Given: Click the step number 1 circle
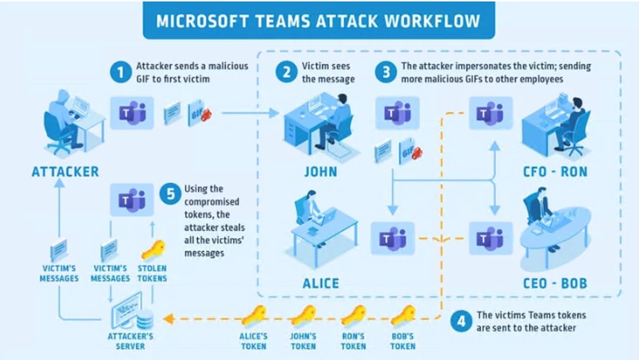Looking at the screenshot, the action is coord(121,73).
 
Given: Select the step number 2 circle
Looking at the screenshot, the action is coord(286,73).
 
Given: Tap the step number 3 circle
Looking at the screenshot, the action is coord(386,73).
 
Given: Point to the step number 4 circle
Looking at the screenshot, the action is coord(461,321).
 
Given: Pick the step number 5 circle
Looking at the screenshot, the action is coord(170,194).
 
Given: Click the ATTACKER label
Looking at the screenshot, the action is coord(65,172).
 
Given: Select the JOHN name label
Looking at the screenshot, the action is coord(321,172).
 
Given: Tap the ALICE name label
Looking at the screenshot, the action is coord(321,283).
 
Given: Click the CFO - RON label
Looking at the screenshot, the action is coord(555,172).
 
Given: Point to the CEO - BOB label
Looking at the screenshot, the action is coord(555,283).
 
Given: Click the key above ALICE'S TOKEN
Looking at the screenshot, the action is coord(254,315).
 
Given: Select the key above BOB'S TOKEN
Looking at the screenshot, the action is coord(403,315).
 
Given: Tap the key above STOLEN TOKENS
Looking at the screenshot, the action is coord(153,250).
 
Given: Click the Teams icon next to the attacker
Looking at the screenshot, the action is coord(132,113).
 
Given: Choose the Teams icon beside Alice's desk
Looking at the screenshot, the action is coord(393,238).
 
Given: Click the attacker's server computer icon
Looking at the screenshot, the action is coord(132,311).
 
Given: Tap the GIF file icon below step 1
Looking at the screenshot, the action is coord(199,113).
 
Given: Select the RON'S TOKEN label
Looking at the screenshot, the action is coord(354,341).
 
